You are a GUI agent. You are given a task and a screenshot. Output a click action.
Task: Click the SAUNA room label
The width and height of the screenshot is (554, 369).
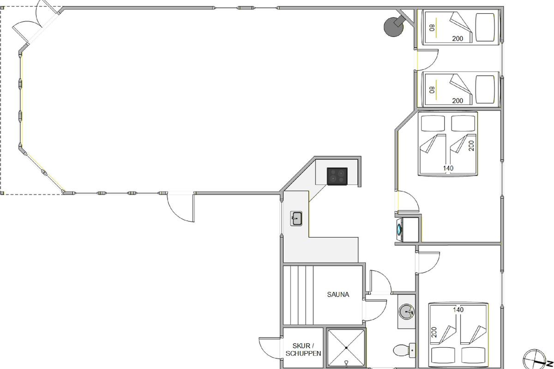click(338, 294)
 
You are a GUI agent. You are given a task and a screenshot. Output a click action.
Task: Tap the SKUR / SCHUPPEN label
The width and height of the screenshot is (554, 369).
click(303, 350)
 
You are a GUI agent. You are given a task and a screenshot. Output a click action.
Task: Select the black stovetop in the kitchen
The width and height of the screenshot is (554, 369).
click(337, 176)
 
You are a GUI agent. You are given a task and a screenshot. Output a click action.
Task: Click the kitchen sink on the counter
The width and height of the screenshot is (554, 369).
click(296, 219)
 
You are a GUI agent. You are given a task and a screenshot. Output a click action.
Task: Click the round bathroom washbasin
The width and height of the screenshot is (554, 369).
click(406, 311)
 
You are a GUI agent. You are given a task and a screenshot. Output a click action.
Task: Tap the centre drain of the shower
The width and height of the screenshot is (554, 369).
click(346, 348)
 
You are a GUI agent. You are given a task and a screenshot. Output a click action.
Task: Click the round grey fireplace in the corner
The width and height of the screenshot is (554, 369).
click(393, 27)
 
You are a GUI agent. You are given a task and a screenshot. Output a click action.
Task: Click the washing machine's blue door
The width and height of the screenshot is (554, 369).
click(399, 229)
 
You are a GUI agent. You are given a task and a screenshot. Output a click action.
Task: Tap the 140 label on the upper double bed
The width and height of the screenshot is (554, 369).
click(448, 168)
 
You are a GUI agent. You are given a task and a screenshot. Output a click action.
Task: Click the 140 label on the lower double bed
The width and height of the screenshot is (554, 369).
click(458, 309)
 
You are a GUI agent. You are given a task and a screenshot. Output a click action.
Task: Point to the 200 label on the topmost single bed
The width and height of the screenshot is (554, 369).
click(458, 39)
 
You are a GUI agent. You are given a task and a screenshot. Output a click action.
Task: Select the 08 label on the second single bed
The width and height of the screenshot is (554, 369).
click(432, 90)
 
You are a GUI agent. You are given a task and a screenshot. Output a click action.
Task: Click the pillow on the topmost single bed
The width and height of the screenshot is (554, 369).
click(485, 27)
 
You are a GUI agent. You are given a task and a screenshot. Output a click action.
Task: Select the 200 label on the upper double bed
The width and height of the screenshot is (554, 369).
click(471, 146)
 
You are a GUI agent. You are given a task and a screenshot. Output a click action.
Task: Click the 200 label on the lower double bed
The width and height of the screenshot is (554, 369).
click(434, 332)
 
